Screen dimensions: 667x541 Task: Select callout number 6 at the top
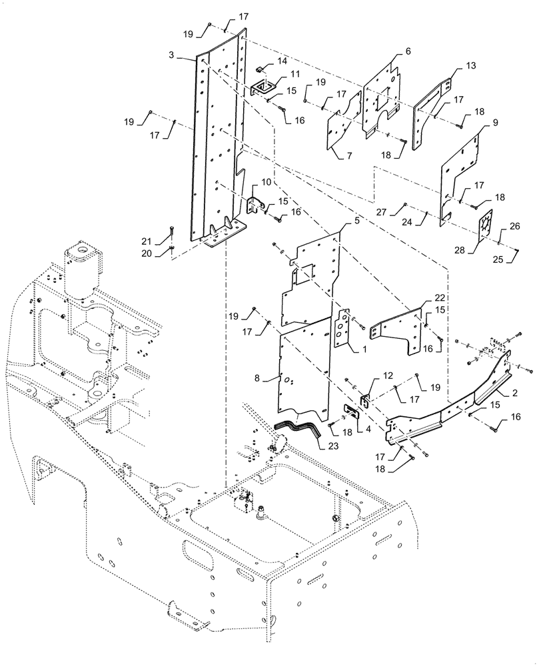point(408,51)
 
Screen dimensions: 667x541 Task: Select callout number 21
point(153,241)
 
